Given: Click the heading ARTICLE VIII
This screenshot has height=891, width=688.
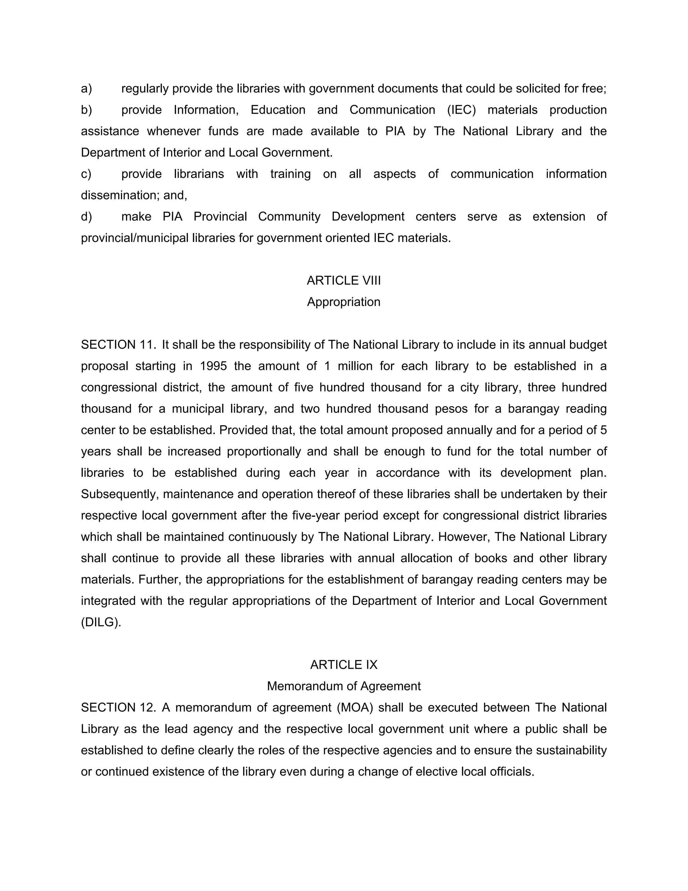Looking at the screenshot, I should pos(344,281).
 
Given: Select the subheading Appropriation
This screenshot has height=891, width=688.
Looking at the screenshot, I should pos(344,302).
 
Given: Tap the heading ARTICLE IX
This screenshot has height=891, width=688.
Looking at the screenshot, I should pos(344,665).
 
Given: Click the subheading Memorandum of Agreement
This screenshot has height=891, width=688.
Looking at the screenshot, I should pos(344,686).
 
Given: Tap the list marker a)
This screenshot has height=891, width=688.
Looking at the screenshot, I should pos(86,88).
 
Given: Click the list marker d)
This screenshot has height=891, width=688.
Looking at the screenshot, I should pos(86,217).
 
